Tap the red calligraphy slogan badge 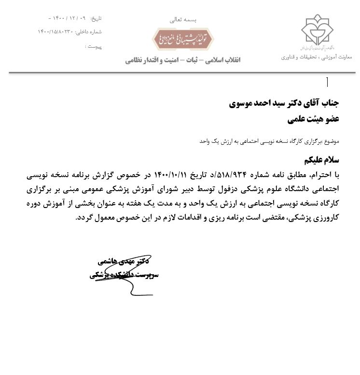[183, 39]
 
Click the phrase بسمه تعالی [183, 20]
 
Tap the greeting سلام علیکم [322, 160]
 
